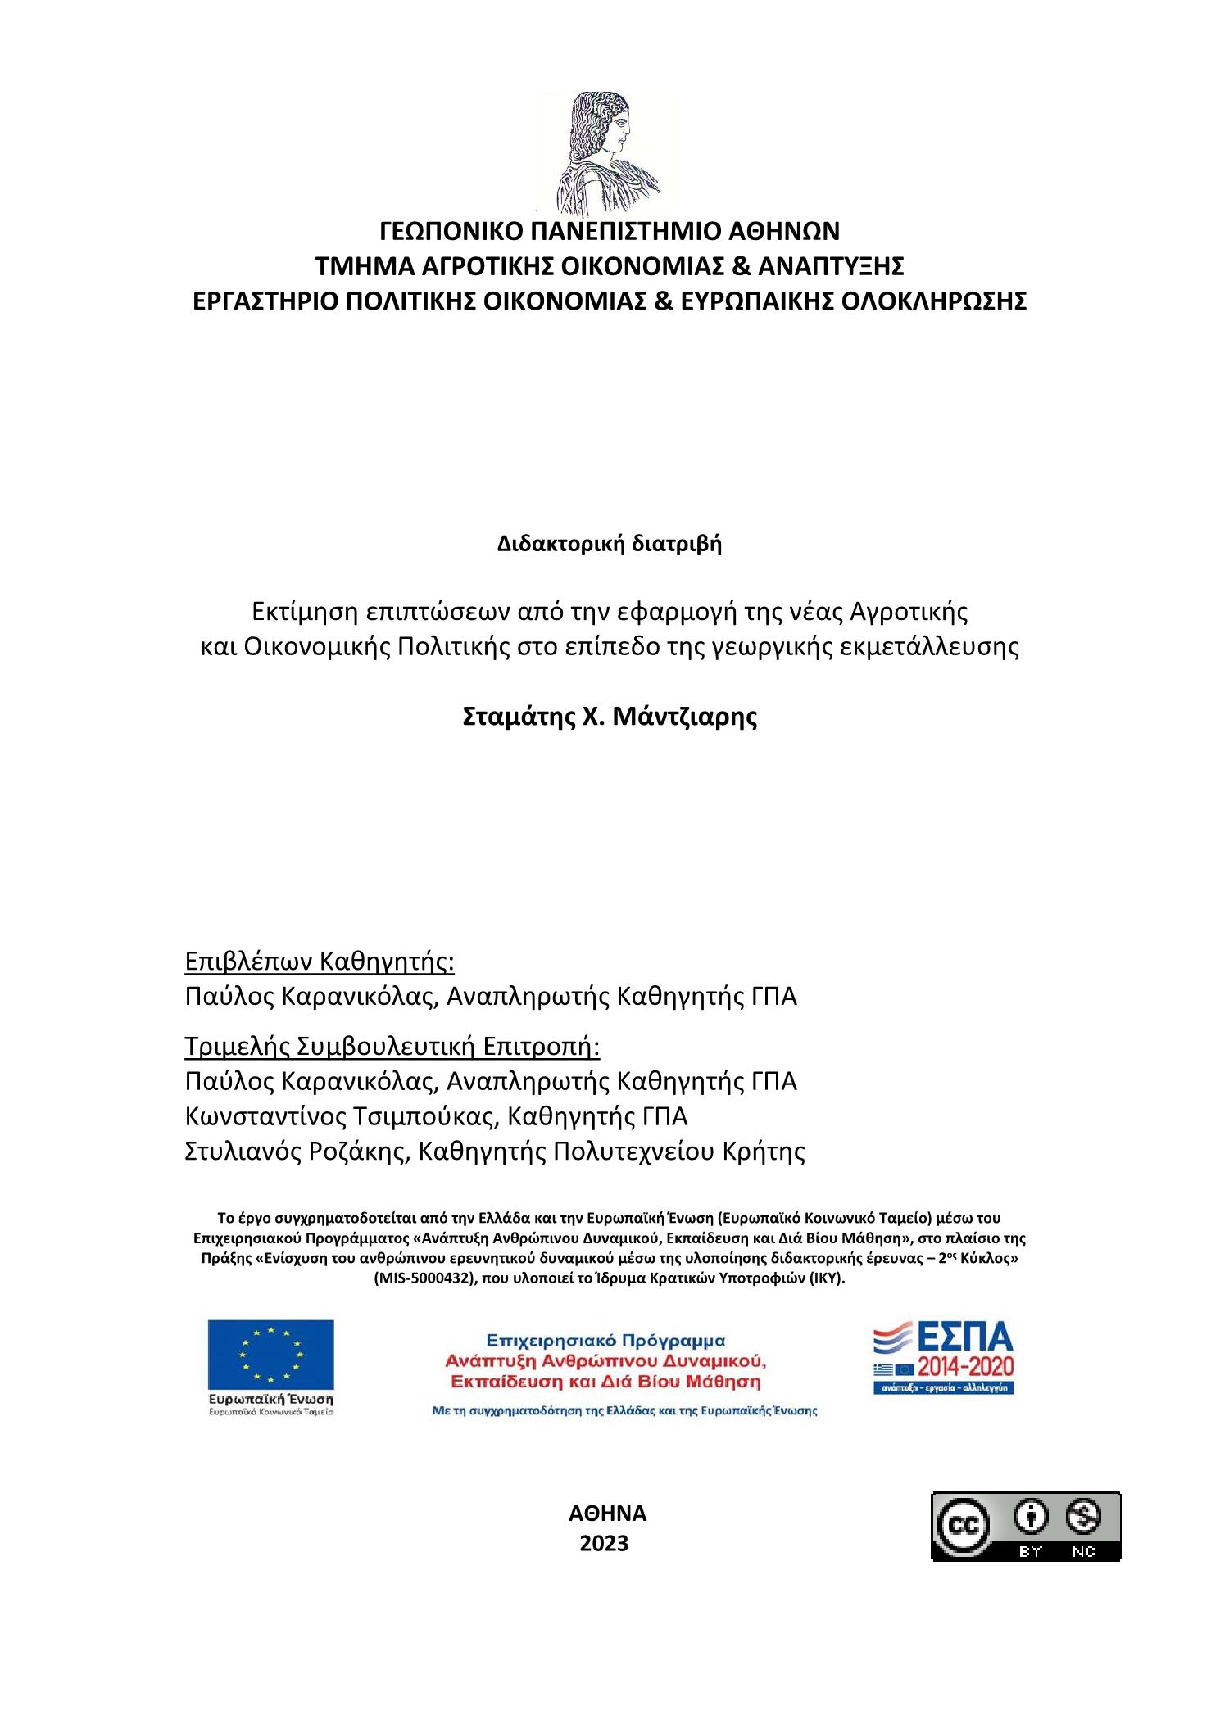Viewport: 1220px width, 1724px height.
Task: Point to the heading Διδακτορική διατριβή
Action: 610,544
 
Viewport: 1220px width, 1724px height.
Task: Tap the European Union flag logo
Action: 270,1355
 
